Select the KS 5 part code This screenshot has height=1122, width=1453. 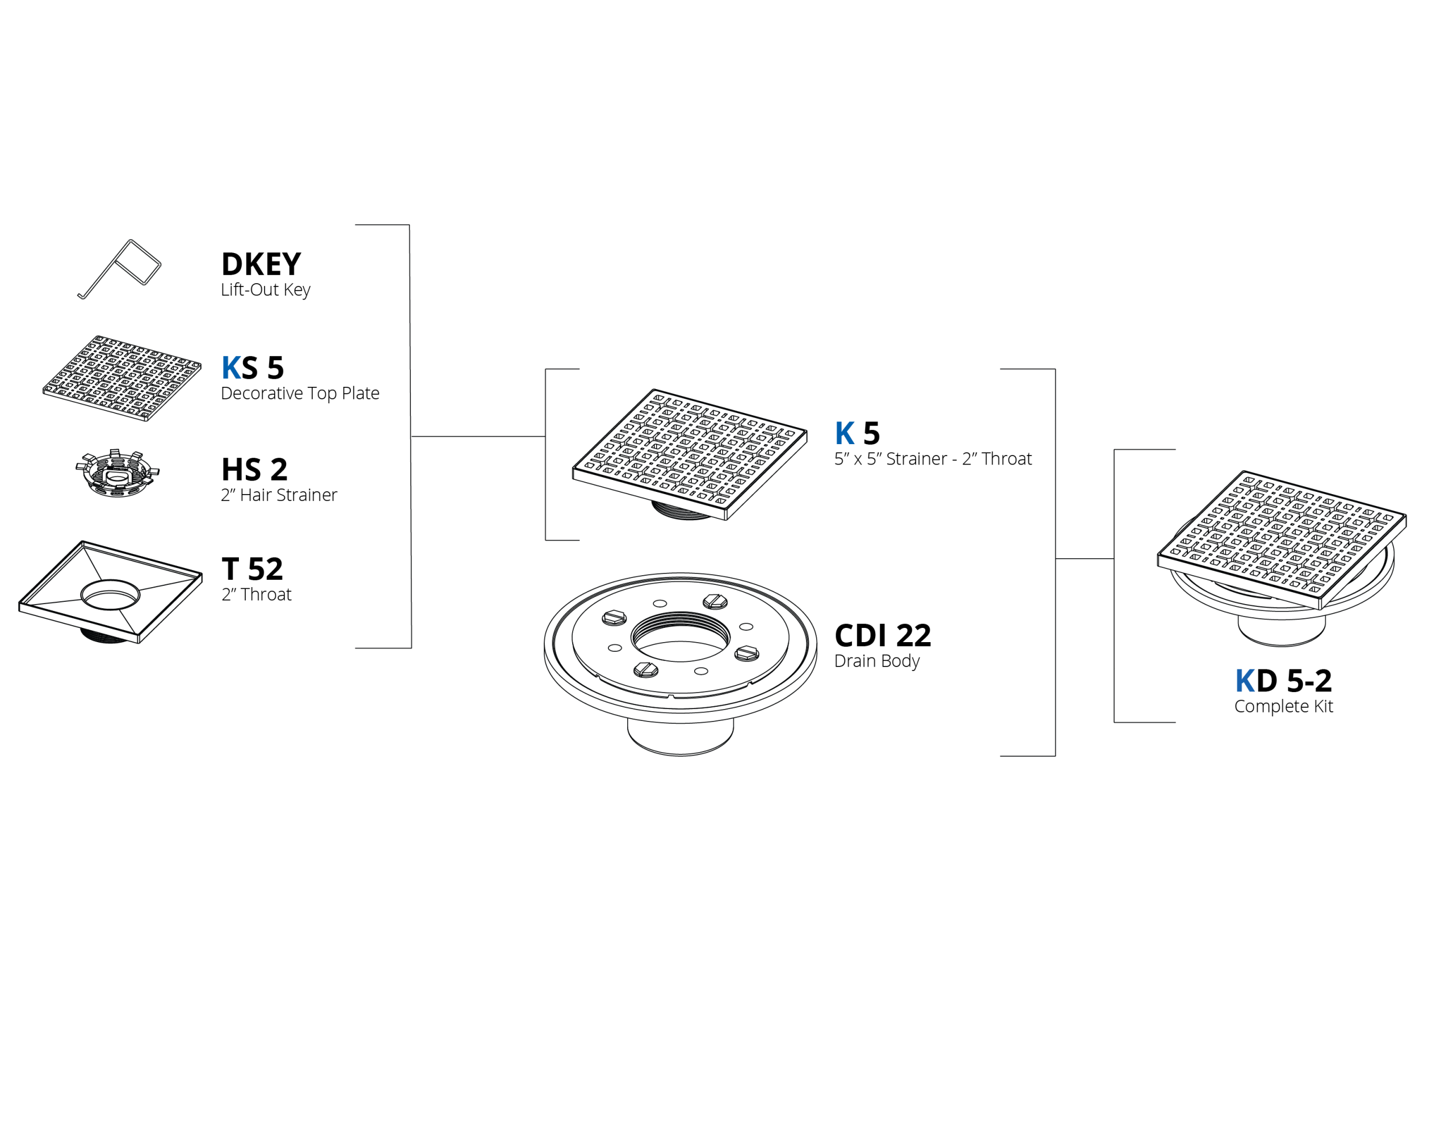click(x=253, y=368)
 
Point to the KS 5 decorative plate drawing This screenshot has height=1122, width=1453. click(x=122, y=378)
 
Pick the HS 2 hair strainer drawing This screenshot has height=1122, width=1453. click(x=117, y=474)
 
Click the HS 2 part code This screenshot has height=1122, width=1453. click(x=254, y=470)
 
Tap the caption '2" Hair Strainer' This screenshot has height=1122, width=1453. click(x=279, y=495)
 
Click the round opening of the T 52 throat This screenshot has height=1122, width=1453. click(x=111, y=594)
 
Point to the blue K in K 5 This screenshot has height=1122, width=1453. click(x=844, y=433)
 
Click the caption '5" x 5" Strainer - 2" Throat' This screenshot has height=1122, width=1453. click(x=933, y=459)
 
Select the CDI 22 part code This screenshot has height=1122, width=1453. click(x=882, y=636)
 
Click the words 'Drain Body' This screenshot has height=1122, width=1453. click(x=877, y=661)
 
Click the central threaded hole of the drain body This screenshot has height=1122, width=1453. click(x=680, y=637)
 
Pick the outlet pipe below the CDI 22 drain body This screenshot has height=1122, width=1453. click(x=680, y=737)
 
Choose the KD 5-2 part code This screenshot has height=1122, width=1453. click(x=1283, y=680)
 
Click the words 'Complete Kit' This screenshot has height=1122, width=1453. click(x=1283, y=706)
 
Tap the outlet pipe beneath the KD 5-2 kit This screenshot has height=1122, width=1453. click(x=1282, y=631)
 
